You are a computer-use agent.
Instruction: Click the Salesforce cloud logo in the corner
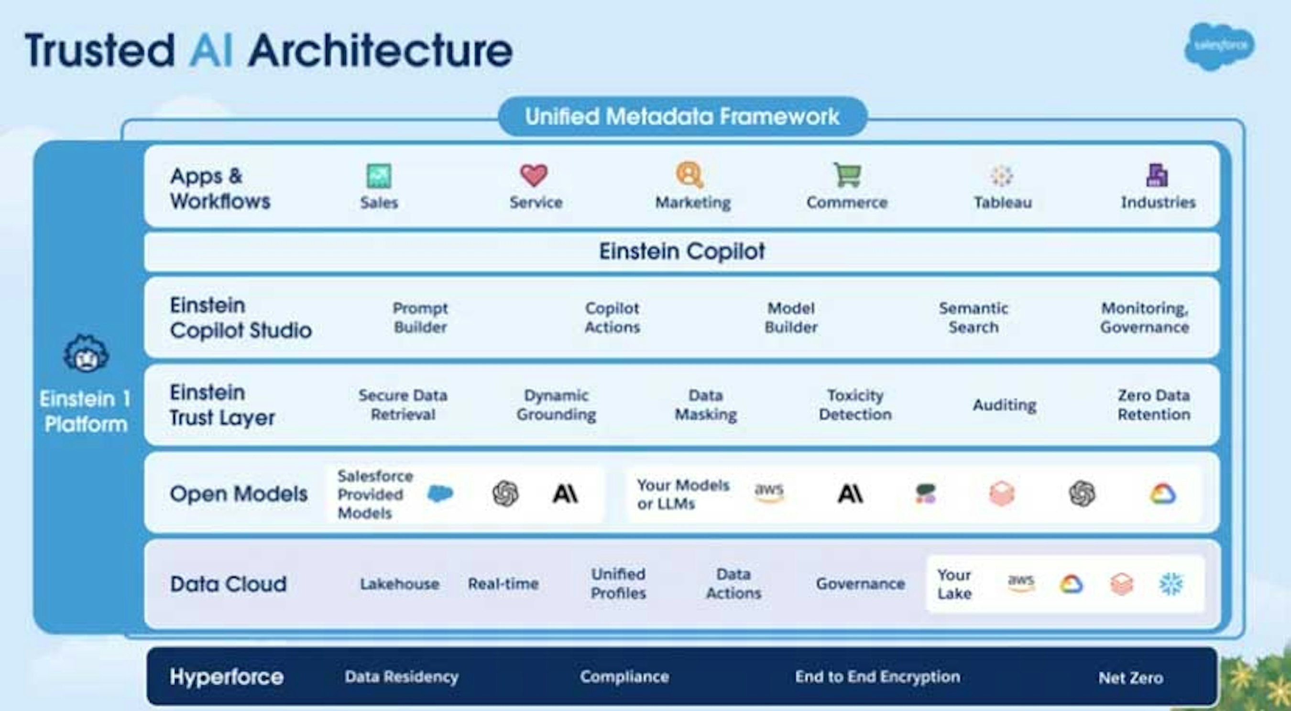point(1219,46)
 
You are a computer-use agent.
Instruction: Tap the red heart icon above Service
point(534,175)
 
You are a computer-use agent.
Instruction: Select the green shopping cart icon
point(847,175)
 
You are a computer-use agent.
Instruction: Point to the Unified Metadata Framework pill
point(683,116)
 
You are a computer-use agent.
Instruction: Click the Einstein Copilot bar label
point(682,251)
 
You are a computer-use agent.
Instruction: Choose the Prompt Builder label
point(420,317)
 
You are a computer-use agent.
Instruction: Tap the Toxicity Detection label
point(855,405)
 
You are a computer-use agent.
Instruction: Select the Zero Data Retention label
point(1154,405)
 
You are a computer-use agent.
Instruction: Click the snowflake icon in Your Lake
point(1171,584)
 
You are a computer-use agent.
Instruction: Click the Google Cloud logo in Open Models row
point(1163,494)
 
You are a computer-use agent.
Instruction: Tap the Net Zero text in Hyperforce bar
point(1131,678)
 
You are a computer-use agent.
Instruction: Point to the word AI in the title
point(211,50)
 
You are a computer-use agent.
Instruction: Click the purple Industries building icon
point(1157,175)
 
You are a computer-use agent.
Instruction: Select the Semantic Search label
point(973,317)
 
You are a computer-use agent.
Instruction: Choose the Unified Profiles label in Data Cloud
point(618,584)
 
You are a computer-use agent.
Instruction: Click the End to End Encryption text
point(877,677)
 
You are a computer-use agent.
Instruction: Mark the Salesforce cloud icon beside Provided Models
point(440,494)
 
